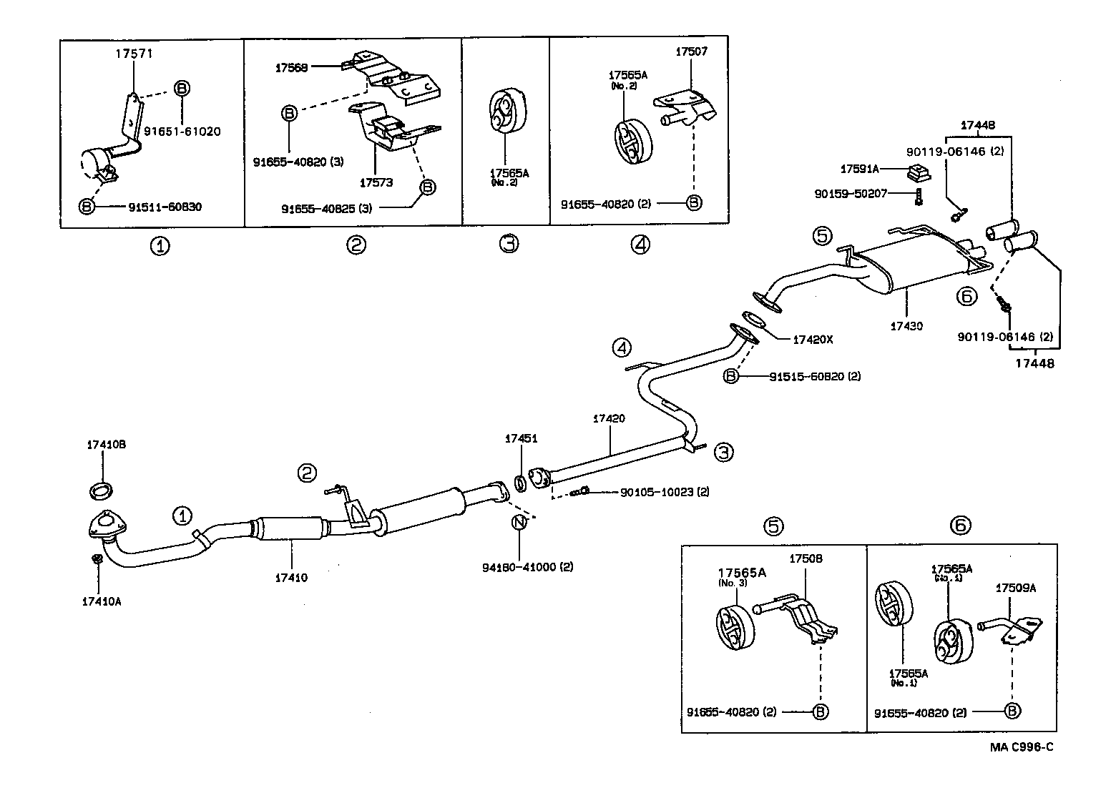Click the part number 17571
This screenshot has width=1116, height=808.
[x=134, y=53]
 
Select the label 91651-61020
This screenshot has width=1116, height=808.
[x=182, y=131]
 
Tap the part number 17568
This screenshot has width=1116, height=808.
[x=292, y=67]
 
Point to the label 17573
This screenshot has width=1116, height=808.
[x=376, y=183]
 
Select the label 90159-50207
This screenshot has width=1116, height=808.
[x=851, y=194]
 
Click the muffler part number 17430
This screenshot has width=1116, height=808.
[x=906, y=326]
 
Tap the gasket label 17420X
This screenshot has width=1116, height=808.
[x=813, y=340]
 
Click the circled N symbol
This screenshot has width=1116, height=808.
[x=519, y=523]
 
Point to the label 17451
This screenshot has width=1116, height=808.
[x=521, y=439]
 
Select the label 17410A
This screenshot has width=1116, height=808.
[x=102, y=601]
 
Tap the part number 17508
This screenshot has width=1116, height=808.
[x=806, y=558]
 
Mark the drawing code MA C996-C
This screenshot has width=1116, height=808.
[x=1022, y=747]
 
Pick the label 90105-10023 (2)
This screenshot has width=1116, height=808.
[x=665, y=492]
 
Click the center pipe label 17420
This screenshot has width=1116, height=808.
[x=608, y=418]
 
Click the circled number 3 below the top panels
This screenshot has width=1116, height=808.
[x=507, y=245]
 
